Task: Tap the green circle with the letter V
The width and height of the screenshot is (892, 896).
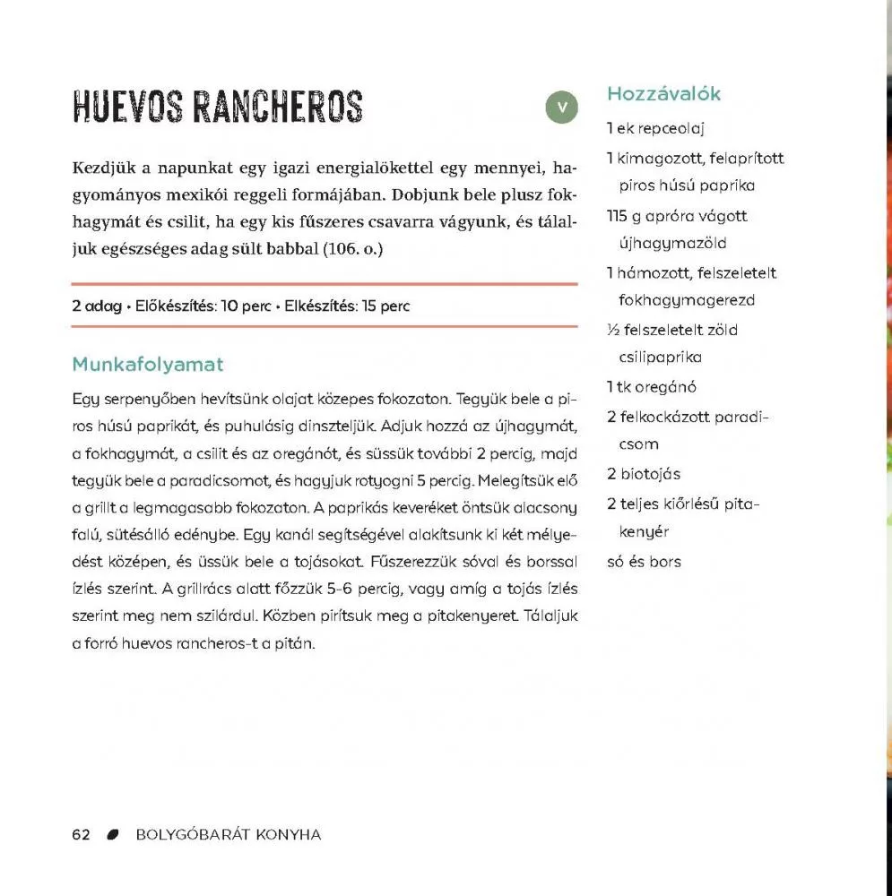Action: click(x=562, y=108)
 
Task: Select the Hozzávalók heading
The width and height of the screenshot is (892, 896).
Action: click(x=663, y=94)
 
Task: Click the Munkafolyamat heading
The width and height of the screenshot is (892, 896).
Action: click(x=147, y=365)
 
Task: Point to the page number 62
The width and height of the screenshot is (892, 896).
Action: click(x=81, y=835)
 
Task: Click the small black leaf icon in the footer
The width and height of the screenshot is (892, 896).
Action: click(x=113, y=835)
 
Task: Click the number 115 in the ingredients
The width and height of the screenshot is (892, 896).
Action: click(x=618, y=216)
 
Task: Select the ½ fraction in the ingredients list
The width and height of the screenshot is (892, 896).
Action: click(x=613, y=330)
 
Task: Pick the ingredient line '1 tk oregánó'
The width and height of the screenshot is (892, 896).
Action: click(x=651, y=387)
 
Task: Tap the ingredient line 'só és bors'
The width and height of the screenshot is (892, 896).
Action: click(x=644, y=562)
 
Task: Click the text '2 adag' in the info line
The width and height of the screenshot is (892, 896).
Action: click(x=97, y=306)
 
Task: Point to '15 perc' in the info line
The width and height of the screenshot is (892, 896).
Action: click(x=385, y=306)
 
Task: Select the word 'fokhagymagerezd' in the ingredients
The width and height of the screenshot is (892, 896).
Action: click(x=687, y=300)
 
